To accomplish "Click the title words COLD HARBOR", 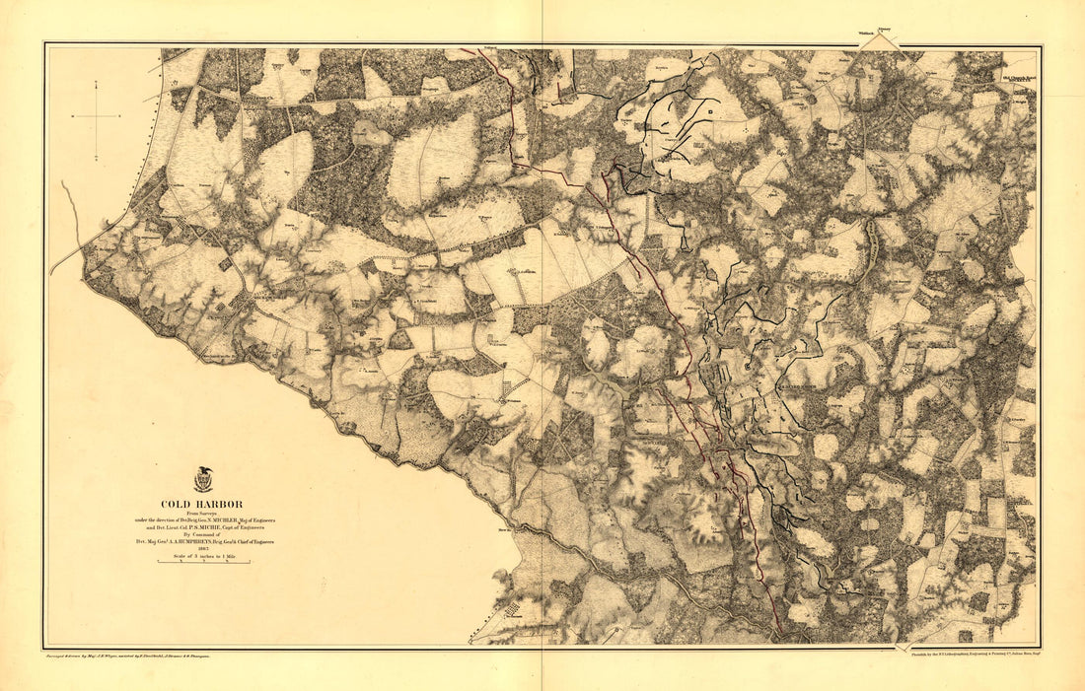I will pyautogui.click(x=202, y=504).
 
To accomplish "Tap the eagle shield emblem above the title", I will pyautogui.click(x=203, y=481).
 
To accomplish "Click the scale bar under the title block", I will pyautogui.click(x=202, y=565).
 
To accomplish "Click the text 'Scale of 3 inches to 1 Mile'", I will pyautogui.click(x=202, y=557).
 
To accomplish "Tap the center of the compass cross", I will pyautogui.click(x=97, y=116).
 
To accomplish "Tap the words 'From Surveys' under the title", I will pyautogui.click(x=202, y=513).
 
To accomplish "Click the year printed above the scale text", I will pyautogui.click(x=202, y=549).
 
